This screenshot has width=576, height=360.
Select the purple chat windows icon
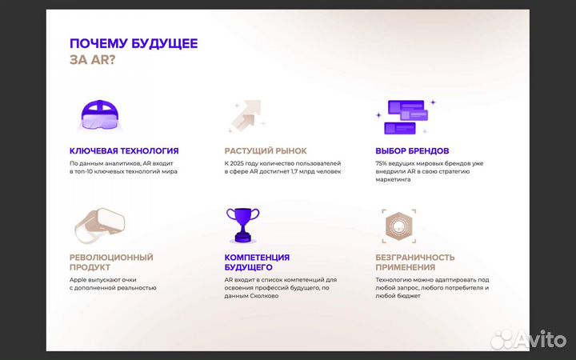click(405, 117)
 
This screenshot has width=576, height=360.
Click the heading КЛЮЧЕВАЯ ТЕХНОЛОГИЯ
click(124, 150)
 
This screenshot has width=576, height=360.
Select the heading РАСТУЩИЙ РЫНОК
click(265, 150)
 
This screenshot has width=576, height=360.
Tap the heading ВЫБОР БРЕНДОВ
click(411, 150)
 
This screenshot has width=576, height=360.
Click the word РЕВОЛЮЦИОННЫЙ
click(111, 258)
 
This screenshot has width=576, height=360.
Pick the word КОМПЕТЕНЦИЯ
click(257, 258)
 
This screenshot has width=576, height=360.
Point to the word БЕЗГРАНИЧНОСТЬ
click(414, 258)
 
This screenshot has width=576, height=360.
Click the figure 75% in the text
click(382, 163)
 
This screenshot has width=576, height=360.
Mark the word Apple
click(78, 279)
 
